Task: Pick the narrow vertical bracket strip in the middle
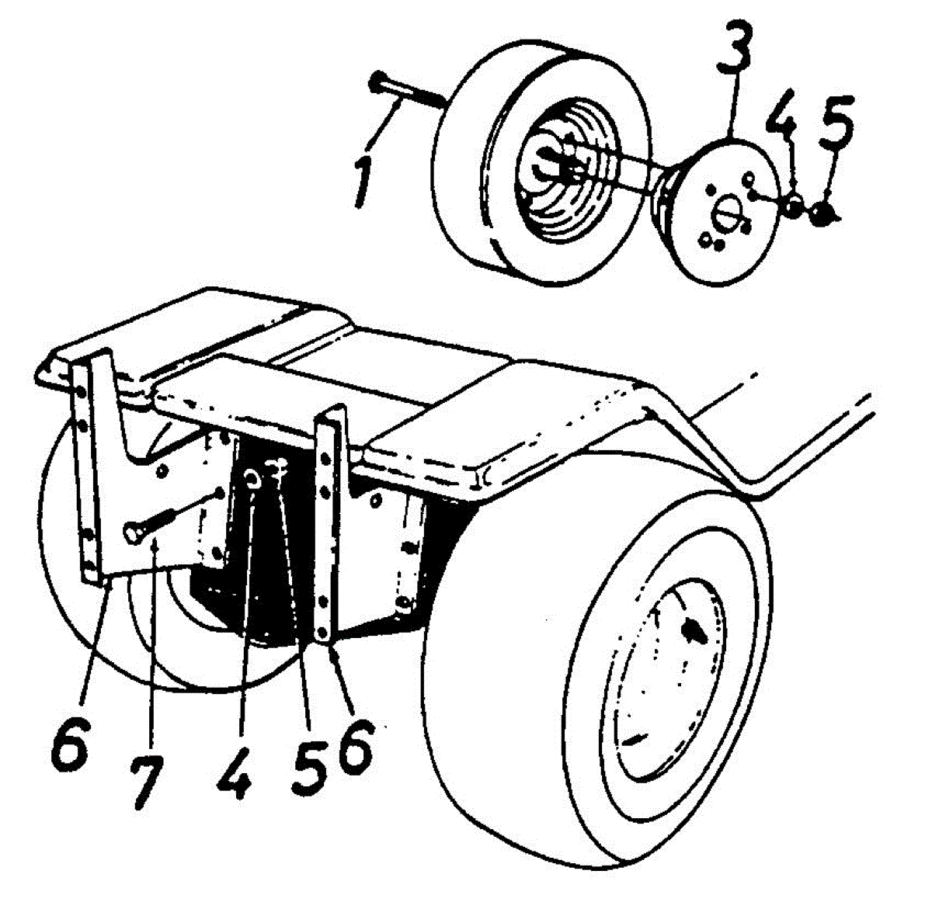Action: (x=329, y=528)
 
